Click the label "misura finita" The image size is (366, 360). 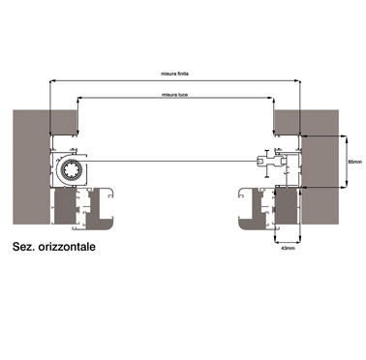(x=174, y=74)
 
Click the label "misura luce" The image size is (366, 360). (x=174, y=95)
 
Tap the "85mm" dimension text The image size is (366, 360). (x=355, y=162)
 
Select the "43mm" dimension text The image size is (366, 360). (x=288, y=248)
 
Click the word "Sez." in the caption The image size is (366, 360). (x=23, y=247)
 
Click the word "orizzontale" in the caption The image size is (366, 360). (x=67, y=247)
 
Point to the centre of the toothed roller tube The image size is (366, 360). (x=71, y=169)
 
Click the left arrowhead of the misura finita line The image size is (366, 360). (x=51, y=80)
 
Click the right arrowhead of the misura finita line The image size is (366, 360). (x=298, y=80)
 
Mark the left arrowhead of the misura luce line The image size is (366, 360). (x=79, y=98)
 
